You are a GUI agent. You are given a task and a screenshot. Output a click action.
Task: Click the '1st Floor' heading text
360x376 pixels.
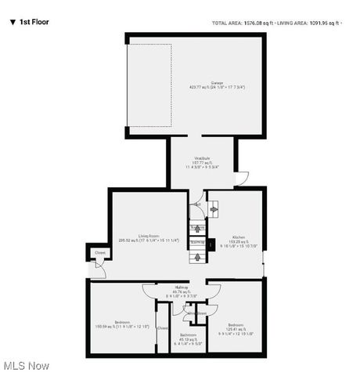pyautogui.click(x=34, y=22)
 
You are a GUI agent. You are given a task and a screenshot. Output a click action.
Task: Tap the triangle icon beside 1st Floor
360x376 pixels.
pyautogui.click(x=12, y=22)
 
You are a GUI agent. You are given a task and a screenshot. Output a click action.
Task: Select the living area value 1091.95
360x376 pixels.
pyautogui.click(x=319, y=23)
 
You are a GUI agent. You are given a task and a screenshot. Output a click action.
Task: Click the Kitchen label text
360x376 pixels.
pyautogui.click(x=237, y=236)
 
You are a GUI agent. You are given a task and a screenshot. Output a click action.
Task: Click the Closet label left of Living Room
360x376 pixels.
pyautogui.click(x=99, y=253)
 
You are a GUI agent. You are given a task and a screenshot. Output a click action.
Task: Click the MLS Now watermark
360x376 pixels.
pyautogui.click(x=26, y=366)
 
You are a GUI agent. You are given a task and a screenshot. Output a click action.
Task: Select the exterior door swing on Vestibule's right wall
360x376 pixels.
pyautogui.click(x=243, y=178)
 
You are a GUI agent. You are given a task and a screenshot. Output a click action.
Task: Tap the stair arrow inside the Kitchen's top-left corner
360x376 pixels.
pyautogui.click(x=212, y=209)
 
